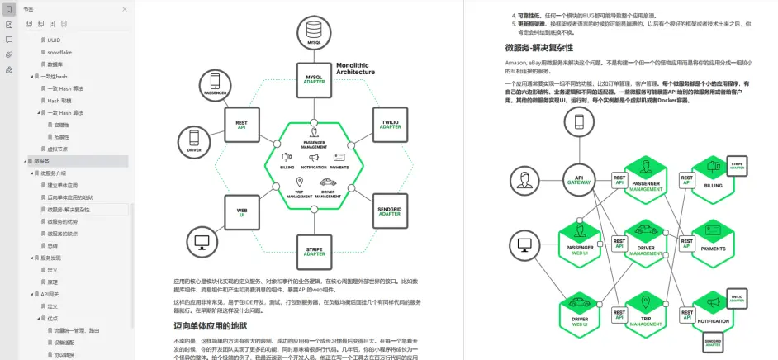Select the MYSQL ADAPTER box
315,79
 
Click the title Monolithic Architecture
355,69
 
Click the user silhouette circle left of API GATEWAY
524,179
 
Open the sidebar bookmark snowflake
59,51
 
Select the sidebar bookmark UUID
54,40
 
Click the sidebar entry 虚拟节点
57,149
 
